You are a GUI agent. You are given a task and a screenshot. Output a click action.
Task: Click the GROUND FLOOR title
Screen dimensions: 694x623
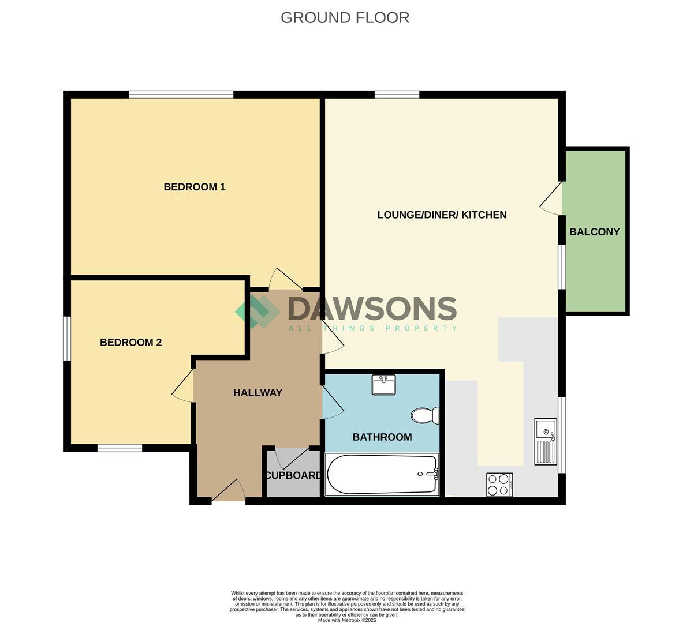point(345,18)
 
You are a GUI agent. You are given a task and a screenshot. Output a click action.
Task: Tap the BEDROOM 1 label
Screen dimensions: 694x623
point(195,187)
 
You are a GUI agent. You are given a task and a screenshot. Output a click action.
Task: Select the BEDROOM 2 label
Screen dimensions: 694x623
point(131,342)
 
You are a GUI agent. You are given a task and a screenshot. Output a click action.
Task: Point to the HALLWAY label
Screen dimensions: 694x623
point(258,393)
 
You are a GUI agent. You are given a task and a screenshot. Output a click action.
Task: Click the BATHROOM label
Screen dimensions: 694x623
point(382,437)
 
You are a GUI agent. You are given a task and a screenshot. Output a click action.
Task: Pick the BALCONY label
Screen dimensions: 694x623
point(594,232)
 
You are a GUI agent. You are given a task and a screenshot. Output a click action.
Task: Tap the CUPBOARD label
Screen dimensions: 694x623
point(293,475)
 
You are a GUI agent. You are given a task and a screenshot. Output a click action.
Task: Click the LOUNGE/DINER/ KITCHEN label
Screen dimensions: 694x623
point(442,215)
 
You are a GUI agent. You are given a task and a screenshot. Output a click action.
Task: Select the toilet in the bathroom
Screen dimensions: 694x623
point(425,415)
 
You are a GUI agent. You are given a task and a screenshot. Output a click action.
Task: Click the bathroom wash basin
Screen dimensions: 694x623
point(383,384)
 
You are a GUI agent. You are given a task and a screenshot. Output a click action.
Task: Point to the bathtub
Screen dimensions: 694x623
point(382,474)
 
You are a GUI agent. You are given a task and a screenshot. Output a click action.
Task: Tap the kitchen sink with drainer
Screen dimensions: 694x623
point(546,441)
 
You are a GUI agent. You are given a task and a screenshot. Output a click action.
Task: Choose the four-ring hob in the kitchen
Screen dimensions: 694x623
point(499,485)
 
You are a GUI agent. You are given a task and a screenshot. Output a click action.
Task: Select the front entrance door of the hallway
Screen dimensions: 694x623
point(229,490)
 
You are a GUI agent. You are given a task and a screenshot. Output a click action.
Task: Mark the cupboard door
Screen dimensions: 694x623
point(291,458)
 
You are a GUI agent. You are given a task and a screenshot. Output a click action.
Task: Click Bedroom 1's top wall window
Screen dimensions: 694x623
point(181,95)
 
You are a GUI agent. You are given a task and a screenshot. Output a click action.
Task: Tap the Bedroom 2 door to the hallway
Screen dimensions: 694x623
point(182,385)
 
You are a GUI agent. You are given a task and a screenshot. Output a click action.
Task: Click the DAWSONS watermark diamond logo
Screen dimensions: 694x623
point(258,311)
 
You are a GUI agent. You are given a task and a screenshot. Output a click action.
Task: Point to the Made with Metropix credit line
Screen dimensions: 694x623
point(347,620)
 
